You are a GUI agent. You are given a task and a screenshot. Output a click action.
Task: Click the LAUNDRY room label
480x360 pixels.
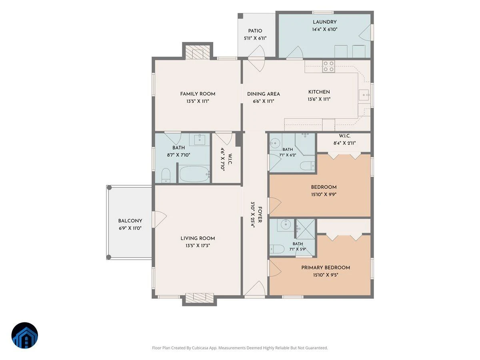pyautogui.click(x=324, y=22)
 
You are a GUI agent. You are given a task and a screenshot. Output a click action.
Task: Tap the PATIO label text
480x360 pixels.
pyautogui.click(x=255, y=31)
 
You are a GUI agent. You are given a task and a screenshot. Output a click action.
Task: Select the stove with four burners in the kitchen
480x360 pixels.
pyautogui.click(x=328, y=66)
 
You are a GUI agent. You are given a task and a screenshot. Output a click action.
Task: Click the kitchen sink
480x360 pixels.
pyautogui.click(x=364, y=95)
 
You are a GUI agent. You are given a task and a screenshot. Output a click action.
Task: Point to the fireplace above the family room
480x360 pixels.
pyautogui.click(x=198, y=52)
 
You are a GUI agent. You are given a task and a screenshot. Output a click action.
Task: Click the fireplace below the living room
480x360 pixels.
pyautogui.click(x=200, y=298)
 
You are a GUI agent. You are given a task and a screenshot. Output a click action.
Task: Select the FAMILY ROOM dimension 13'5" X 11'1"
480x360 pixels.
pyautogui.click(x=198, y=101)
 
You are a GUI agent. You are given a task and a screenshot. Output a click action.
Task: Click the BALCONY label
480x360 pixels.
pyautogui.click(x=130, y=221)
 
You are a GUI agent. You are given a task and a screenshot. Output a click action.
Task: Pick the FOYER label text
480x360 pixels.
pyautogui.click(x=260, y=215)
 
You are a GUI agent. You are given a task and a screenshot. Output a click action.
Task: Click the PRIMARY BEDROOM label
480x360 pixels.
pyautogui.click(x=326, y=268)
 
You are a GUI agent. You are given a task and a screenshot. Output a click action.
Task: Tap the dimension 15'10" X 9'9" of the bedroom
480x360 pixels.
pyautogui.click(x=324, y=194)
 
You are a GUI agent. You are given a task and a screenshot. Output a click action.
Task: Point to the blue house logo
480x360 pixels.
pyautogui.click(x=25, y=336)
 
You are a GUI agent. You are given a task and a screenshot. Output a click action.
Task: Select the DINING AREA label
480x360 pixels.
pyautogui.click(x=264, y=94)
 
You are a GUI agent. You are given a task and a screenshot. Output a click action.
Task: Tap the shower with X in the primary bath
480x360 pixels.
pyautogui.click(x=306, y=229)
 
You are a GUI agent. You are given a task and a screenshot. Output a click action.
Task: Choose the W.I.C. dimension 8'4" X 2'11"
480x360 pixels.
pyautogui.click(x=345, y=143)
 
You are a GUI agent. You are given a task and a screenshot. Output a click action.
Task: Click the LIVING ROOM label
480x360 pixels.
pyautogui.click(x=198, y=238)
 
